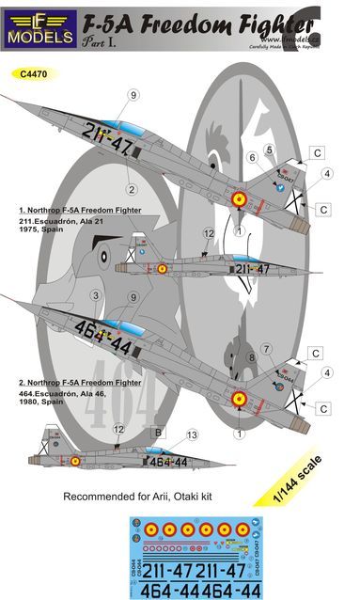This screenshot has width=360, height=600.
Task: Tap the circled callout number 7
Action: tap(266, 349)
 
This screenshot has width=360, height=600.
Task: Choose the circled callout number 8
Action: tap(253, 356)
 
